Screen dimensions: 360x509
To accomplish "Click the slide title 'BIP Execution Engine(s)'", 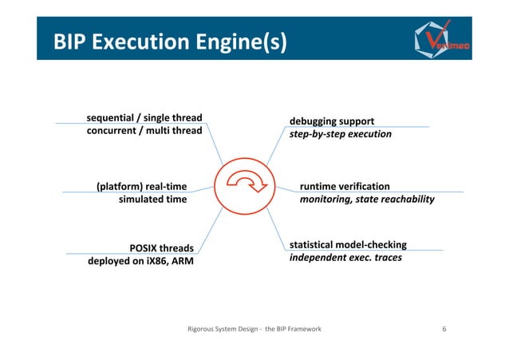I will (167, 41).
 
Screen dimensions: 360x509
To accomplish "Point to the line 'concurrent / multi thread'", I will (144, 132).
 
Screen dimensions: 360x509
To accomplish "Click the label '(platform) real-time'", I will (141, 187).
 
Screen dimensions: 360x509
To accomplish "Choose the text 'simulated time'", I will (152, 200).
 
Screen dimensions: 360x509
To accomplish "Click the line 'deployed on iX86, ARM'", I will (140, 260).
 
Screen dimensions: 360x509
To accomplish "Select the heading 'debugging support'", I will (331, 121).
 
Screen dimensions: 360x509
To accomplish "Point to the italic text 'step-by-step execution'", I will (340, 134).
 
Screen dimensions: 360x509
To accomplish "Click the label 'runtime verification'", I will (345, 187).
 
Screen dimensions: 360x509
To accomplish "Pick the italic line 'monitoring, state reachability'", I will (366, 200).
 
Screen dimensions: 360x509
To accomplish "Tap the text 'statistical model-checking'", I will (348, 244).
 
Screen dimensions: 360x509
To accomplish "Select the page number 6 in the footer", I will (444, 328).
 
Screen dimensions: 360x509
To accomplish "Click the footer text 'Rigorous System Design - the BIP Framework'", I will (254, 328).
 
